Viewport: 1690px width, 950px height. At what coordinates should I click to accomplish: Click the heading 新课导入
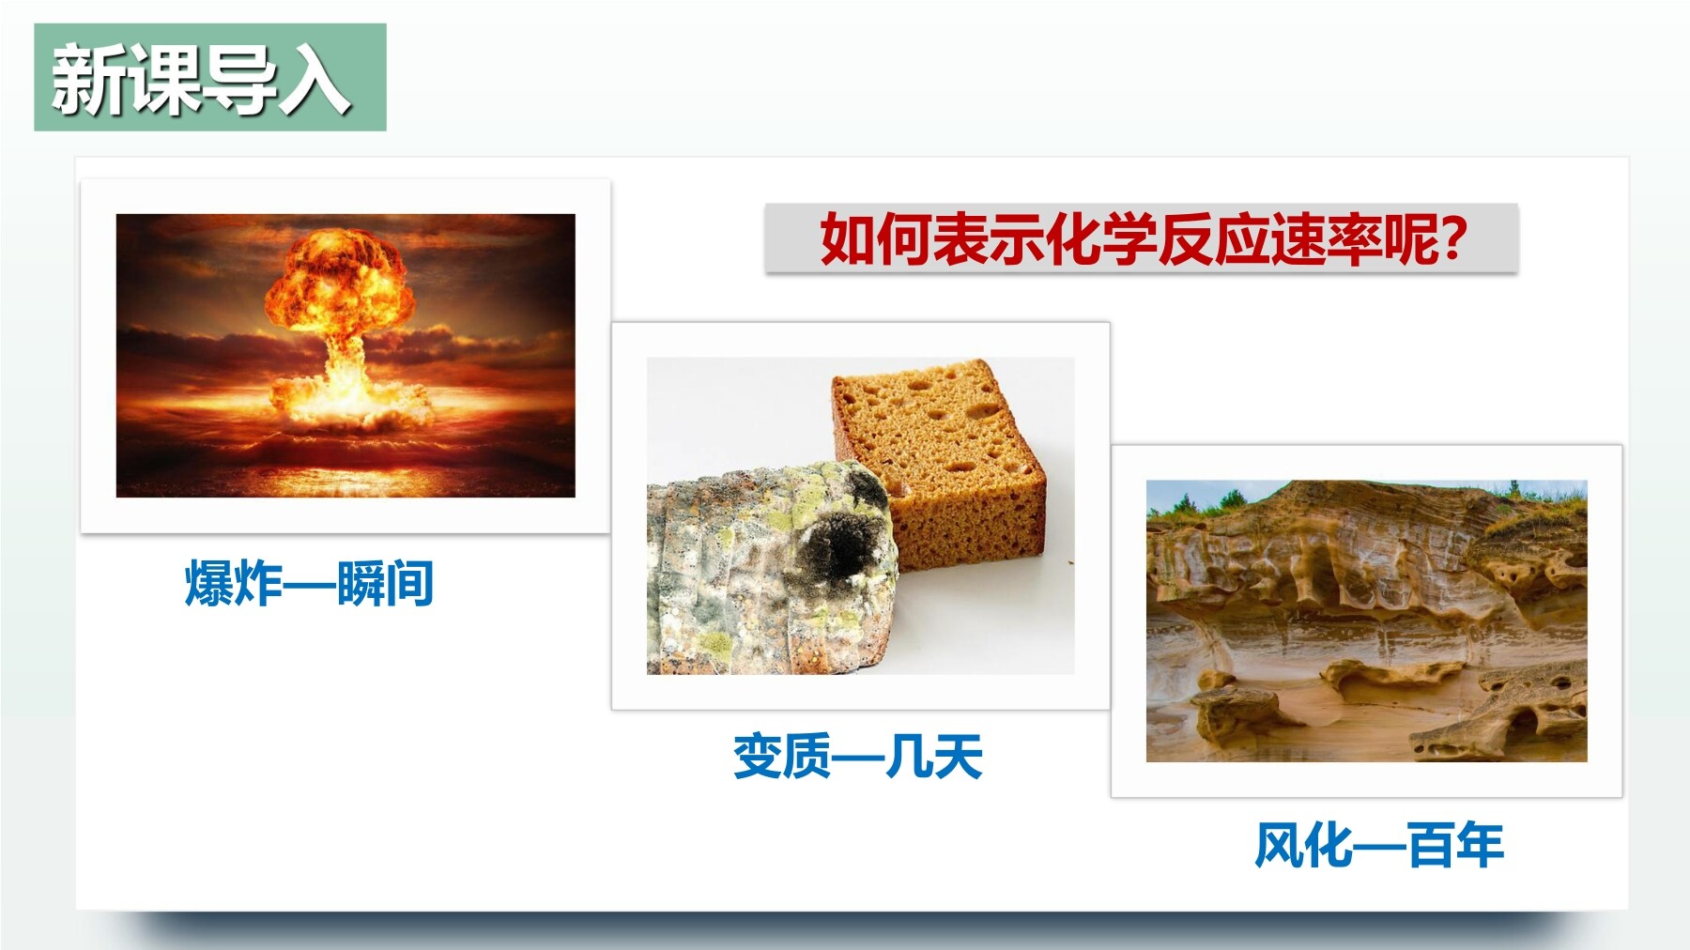pyautogui.click(x=201, y=81)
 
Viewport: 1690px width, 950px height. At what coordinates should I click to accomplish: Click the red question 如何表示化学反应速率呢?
pyautogui.click(x=1143, y=240)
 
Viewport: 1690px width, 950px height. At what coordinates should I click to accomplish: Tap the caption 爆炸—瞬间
pyautogui.click(x=309, y=584)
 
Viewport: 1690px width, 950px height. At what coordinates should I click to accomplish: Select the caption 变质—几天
pyautogui.click(x=858, y=757)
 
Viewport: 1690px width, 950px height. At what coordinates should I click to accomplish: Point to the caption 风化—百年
pyautogui.click(x=1379, y=845)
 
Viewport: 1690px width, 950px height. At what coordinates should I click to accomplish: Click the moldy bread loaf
pyautogui.click(x=770, y=568)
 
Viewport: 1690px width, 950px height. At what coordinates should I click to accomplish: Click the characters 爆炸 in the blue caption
pyautogui.click(x=234, y=584)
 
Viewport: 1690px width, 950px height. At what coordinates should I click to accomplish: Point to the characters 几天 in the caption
pyautogui.click(x=933, y=757)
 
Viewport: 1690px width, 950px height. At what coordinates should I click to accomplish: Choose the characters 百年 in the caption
pyautogui.click(x=1455, y=845)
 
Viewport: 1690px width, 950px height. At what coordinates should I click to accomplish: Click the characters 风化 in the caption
pyautogui.click(x=1304, y=845)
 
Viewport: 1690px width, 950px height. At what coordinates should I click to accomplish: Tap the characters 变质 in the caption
pyautogui.click(x=783, y=757)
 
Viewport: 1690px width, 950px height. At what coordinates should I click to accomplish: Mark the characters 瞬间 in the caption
pyautogui.click(x=385, y=584)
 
